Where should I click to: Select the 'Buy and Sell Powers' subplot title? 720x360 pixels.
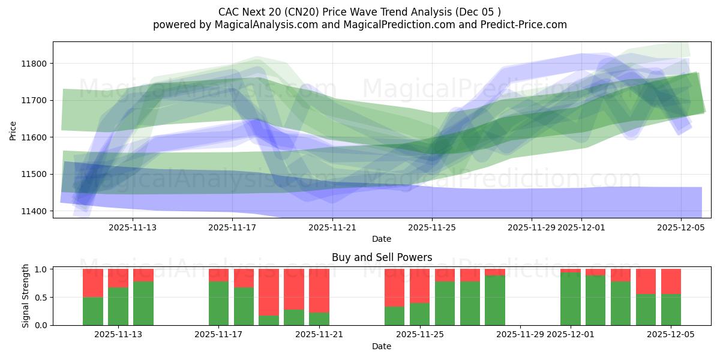click(382, 257)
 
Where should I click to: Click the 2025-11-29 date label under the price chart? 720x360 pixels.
click(532, 228)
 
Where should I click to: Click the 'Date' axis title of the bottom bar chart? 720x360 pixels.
click(382, 346)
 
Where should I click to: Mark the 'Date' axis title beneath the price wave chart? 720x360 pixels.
click(382, 239)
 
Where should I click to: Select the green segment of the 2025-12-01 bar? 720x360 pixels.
click(571, 299)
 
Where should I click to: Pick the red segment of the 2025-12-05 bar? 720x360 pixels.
click(671, 281)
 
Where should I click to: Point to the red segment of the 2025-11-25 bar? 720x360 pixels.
click(420, 286)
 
